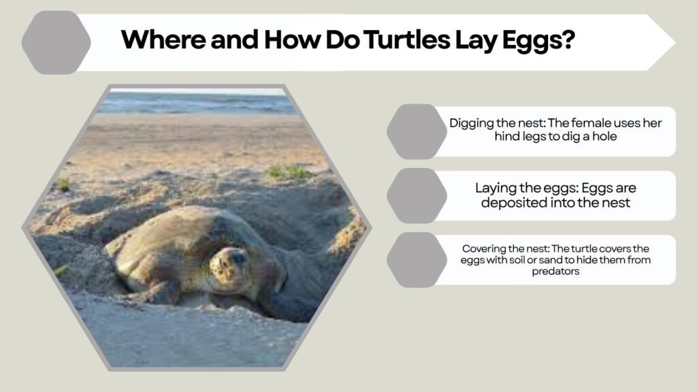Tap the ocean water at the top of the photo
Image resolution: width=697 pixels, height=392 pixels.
point(197,102)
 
